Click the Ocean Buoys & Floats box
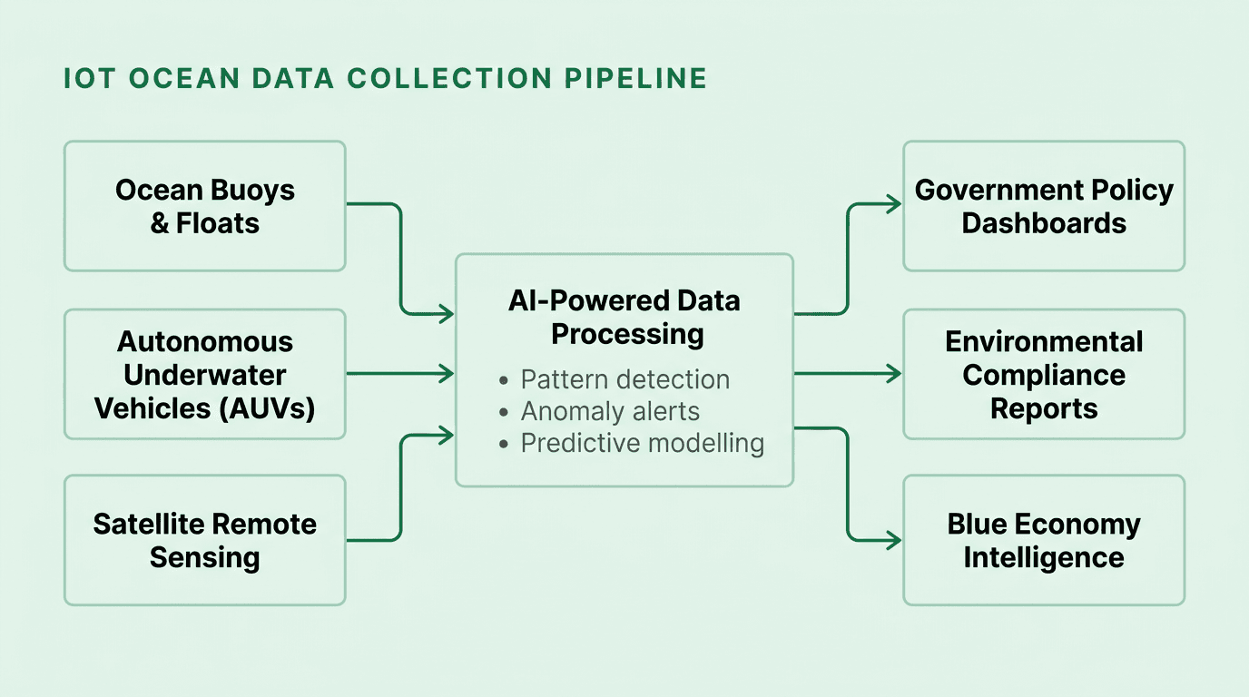pos(204,206)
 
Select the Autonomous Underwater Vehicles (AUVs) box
pos(204,374)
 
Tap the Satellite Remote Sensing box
pos(204,540)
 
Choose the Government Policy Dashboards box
pos(1044,206)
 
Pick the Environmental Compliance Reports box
pos(1044,374)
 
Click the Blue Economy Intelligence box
pos(1044,540)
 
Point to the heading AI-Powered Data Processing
pos(624,317)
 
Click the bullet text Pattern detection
pos(624,379)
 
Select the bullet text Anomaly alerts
pos(610,411)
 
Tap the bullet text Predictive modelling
pos(642,443)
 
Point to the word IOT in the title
pos(90,79)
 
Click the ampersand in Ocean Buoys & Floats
pos(160,223)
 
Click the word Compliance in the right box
pos(1044,375)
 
